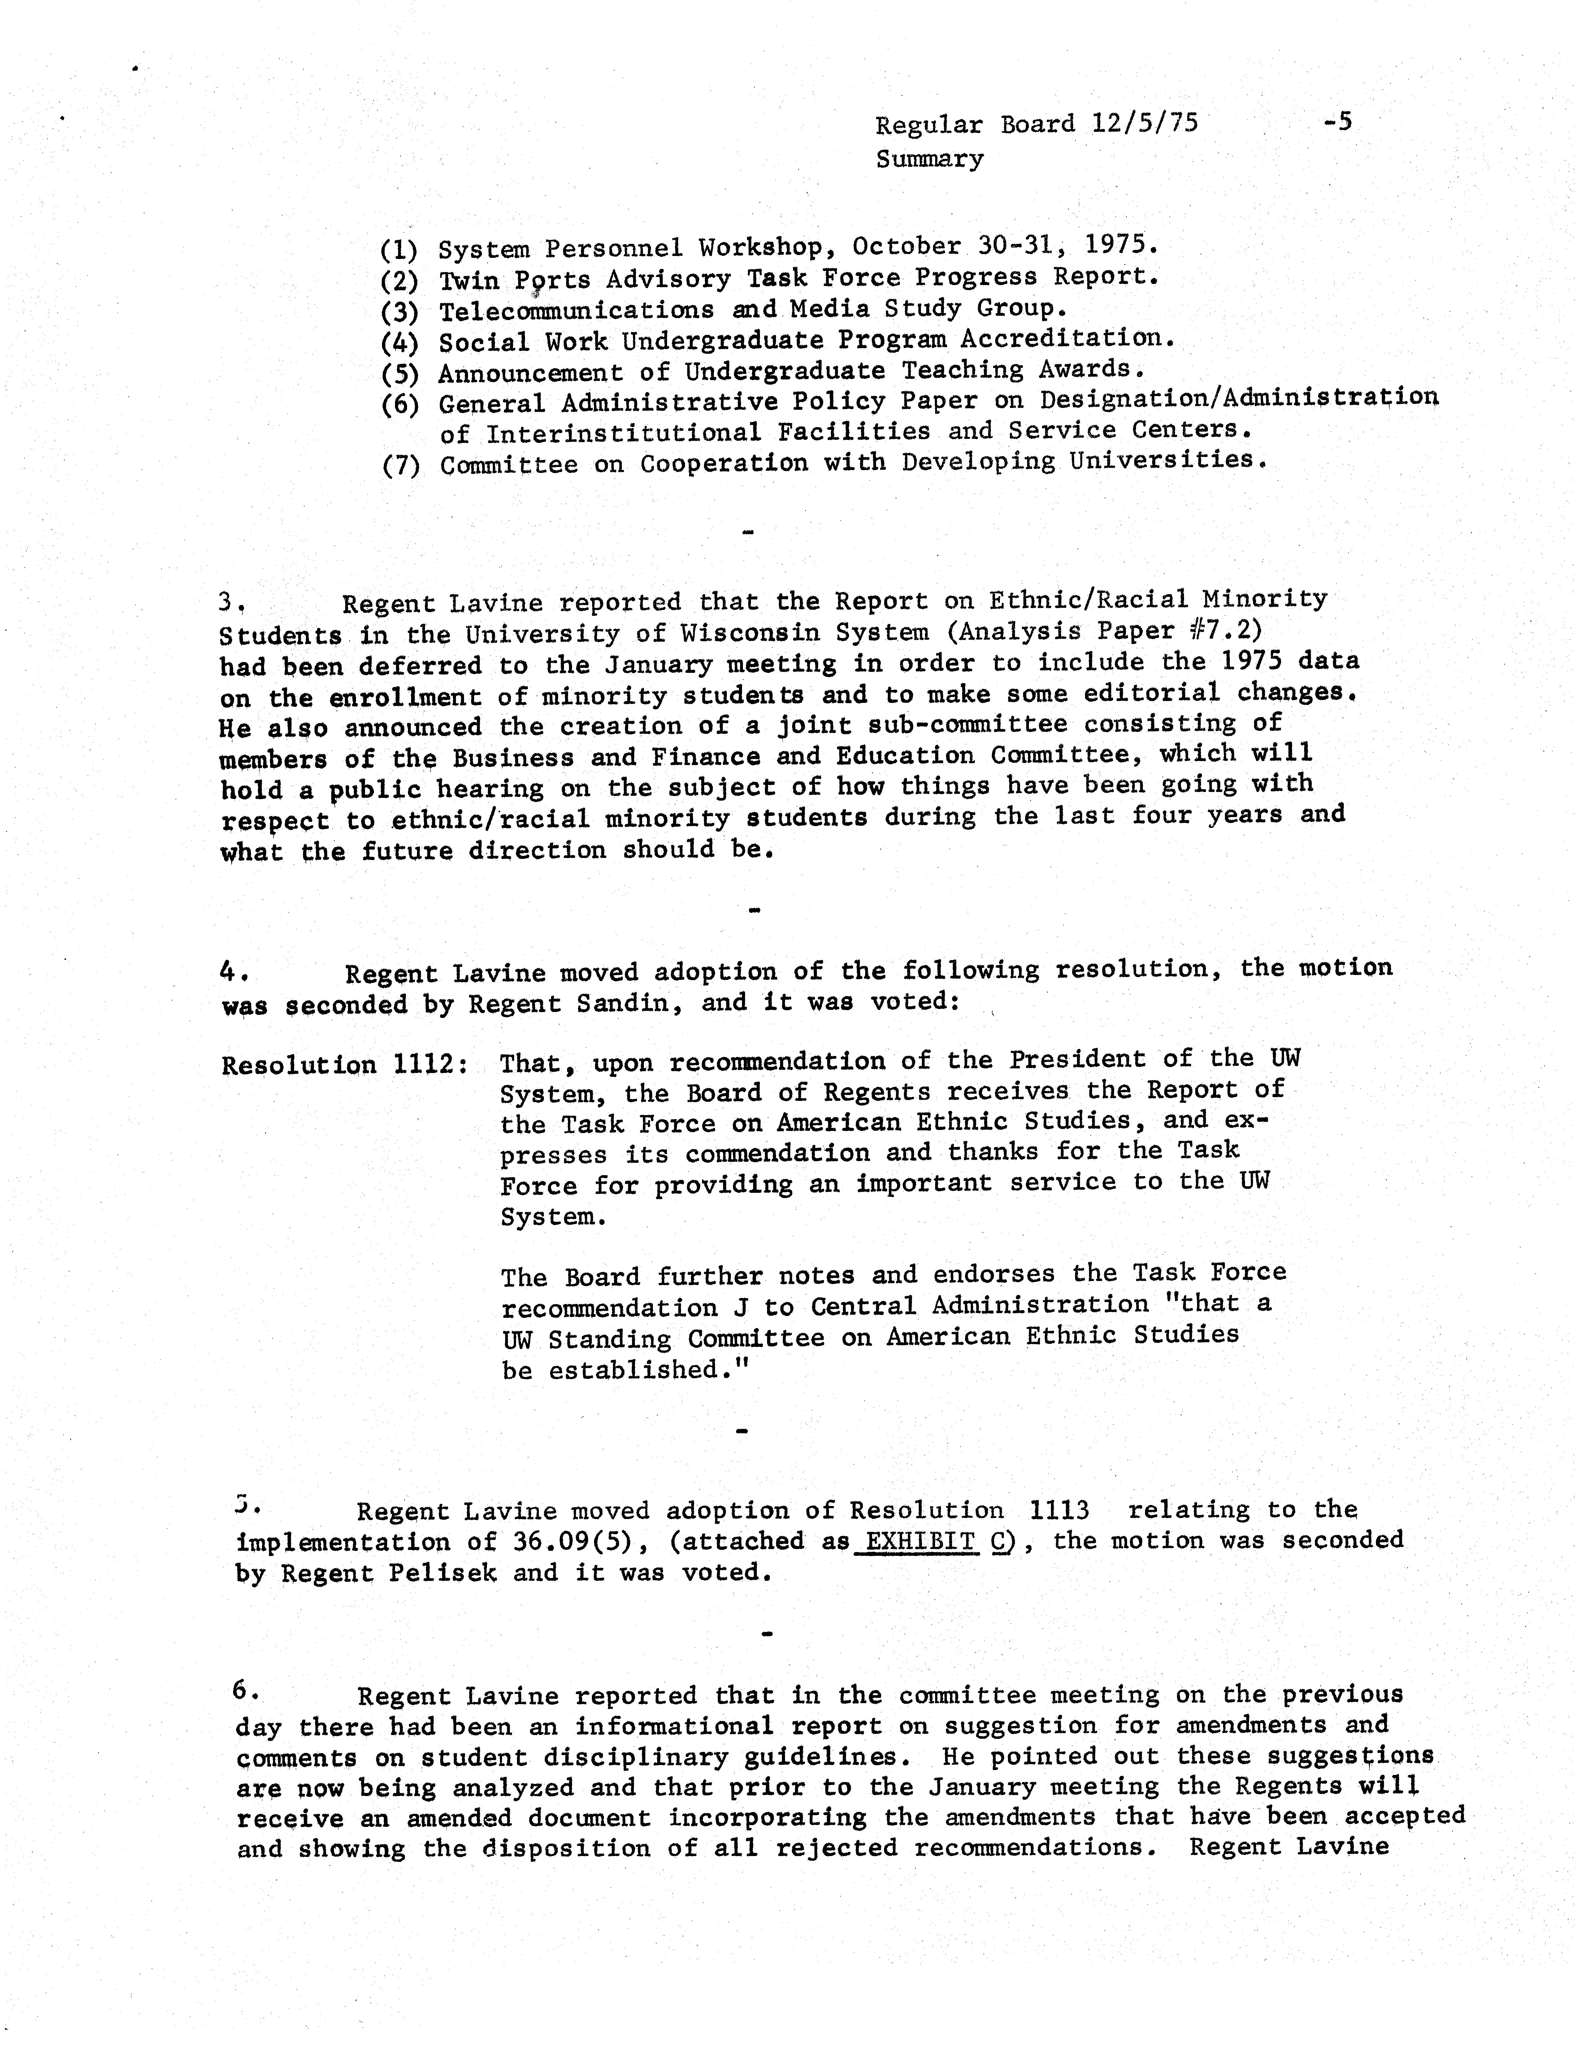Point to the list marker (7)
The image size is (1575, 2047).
pos(400,466)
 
